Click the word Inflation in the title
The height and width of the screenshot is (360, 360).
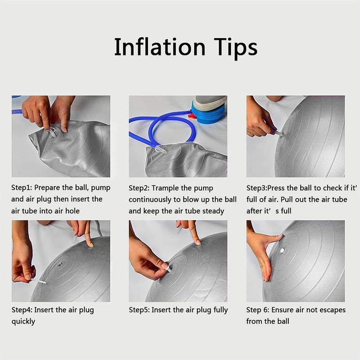click(x=160, y=47)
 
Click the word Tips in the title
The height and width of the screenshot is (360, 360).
click(x=236, y=49)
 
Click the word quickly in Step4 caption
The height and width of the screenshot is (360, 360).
click(x=23, y=322)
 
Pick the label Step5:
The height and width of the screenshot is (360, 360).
click(x=139, y=310)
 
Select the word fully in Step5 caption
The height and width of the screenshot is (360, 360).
click(x=220, y=310)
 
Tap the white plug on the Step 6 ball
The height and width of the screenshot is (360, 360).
click(x=282, y=250)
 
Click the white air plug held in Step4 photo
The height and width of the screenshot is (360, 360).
click(x=39, y=281)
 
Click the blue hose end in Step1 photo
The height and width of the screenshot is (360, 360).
click(x=17, y=112)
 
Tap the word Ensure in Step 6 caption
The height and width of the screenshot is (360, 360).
click(x=283, y=310)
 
